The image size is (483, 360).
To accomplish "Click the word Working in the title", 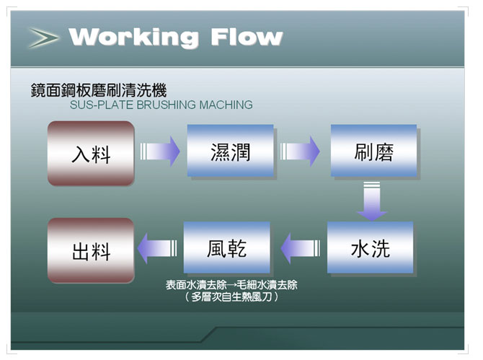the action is tap(134, 38).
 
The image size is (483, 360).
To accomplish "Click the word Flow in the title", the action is tap(247, 37).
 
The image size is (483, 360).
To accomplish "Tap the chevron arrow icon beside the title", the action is tap(43, 38).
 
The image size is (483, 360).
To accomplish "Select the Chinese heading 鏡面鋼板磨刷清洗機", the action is tap(99, 90).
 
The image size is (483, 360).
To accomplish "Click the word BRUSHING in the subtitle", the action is tap(166, 105).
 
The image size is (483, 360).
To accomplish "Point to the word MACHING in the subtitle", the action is tap(226, 105).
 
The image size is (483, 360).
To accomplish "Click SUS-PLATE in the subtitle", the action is tap(102, 105).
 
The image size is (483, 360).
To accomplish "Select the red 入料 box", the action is tap(91, 154).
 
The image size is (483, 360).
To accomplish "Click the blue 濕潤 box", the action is tap(231, 151).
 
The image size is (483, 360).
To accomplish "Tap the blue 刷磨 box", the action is tap(373, 151).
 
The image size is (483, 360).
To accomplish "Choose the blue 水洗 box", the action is tap(370, 247).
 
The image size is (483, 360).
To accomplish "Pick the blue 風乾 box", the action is tap(226, 247).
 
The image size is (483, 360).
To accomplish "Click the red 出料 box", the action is tap(91, 250).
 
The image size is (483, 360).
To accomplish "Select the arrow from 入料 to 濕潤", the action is tap(160, 152).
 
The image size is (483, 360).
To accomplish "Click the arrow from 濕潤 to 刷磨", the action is tap(300, 152).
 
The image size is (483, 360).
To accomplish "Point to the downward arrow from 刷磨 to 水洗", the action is tap(372, 201).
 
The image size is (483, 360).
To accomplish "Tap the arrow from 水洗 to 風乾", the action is tap(301, 248).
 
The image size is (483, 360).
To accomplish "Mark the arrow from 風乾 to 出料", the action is tap(157, 248).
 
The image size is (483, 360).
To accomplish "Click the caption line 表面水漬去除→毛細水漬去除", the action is tap(231, 285).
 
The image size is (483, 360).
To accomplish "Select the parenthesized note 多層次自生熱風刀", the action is tap(231, 297).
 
